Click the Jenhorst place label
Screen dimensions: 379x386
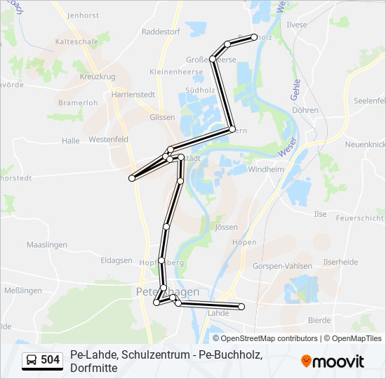click(84, 15)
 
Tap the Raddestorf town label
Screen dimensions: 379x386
click(161, 32)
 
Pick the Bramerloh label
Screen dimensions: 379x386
click(77, 102)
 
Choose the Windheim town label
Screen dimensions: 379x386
click(266, 169)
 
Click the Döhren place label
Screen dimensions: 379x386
click(305, 110)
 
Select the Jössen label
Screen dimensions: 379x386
click(227, 227)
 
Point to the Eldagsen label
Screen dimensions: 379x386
click(117, 260)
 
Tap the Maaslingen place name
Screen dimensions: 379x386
click(46, 245)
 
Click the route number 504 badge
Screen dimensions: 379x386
click(50, 361)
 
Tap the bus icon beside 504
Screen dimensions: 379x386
click(32, 361)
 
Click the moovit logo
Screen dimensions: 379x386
click(333, 361)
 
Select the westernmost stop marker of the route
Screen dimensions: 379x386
click(132, 178)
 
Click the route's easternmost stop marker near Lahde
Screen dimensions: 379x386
click(241, 307)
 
